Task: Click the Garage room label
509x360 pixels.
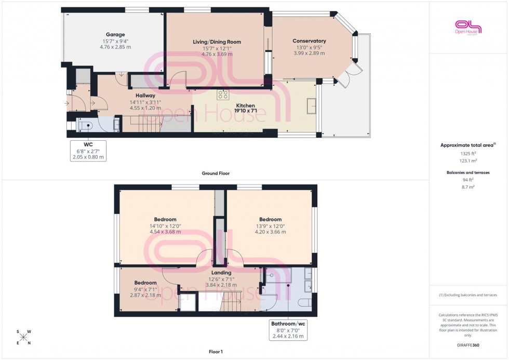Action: [115, 35]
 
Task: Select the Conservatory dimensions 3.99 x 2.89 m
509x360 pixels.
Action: [309, 53]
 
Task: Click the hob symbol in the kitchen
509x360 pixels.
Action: [223, 94]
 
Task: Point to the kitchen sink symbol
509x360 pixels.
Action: [312, 105]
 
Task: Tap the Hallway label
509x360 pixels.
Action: [145, 96]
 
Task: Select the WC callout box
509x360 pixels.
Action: [88, 151]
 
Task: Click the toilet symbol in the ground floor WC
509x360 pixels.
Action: [85, 125]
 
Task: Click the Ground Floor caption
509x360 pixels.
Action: [216, 174]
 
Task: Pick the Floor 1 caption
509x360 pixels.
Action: [215, 352]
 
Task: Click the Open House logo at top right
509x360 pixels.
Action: [468, 27]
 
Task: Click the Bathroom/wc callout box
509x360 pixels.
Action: [288, 330]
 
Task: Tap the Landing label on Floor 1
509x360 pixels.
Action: [221, 272]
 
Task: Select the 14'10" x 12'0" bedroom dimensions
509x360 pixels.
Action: [165, 226]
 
